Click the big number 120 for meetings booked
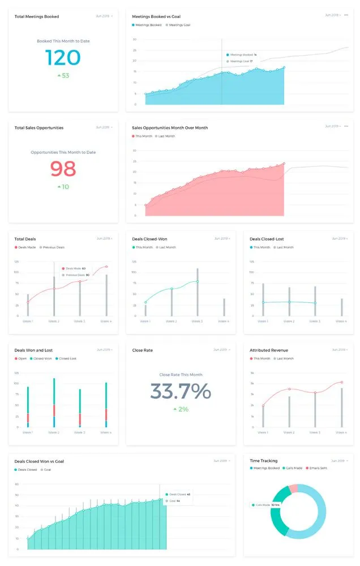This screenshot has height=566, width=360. click(x=62, y=57)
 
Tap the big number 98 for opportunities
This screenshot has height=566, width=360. click(x=62, y=169)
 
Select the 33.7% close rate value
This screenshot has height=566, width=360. click(x=180, y=391)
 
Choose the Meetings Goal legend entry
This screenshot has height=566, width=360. click(x=179, y=25)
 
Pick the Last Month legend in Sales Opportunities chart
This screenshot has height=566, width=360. click(x=166, y=136)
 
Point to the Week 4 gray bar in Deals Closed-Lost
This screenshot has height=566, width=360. click(x=341, y=307)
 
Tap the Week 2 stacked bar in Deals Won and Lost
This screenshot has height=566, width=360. click(x=54, y=402)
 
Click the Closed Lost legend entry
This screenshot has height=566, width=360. click(x=66, y=358)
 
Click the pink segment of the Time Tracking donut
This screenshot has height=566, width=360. click(x=293, y=488)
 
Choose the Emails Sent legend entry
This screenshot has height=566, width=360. click(x=318, y=468)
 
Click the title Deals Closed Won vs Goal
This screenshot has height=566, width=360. click(x=39, y=461)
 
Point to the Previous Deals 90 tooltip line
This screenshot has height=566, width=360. click(x=78, y=275)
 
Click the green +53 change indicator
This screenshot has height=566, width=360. click(x=63, y=75)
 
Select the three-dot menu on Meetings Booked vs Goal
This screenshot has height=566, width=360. click(x=346, y=15)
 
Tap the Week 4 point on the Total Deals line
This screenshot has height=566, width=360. click(x=106, y=267)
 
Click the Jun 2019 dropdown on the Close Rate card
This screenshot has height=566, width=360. click(x=221, y=350)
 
